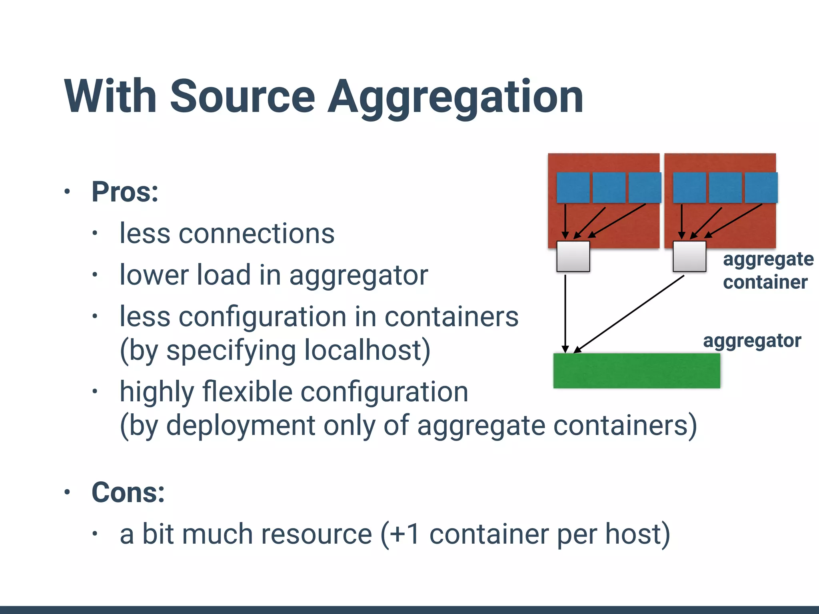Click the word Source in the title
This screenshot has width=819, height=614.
[x=243, y=97]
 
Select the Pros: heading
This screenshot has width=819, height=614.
[x=125, y=192]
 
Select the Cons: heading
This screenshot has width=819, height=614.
[x=128, y=492]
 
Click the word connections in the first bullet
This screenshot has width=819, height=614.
[x=256, y=233]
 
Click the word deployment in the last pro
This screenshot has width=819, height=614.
[x=241, y=425]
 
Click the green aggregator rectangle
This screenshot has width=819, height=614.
[x=636, y=371]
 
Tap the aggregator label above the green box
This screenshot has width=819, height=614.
[x=752, y=341]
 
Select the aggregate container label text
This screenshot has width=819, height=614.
[x=768, y=271]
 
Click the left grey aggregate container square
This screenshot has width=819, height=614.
[x=573, y=256]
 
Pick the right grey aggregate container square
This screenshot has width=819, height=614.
[x=689, y=256]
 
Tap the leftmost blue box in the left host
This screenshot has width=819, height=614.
[x=573, y=187]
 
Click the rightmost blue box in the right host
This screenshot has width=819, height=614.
[x=761, y=187]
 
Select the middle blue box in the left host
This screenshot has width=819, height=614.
[x=609, y=187]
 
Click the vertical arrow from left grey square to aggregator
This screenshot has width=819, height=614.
[x=565, y=312]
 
